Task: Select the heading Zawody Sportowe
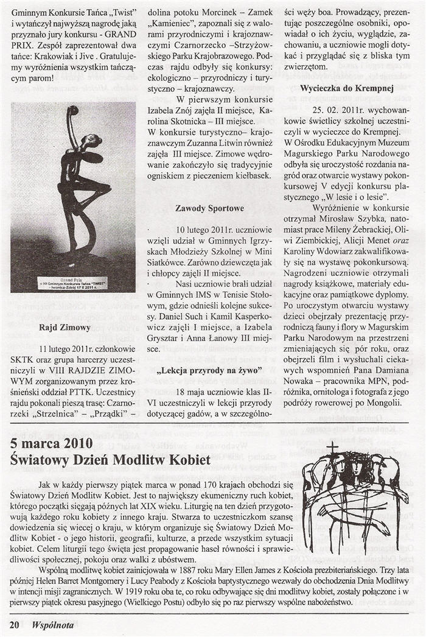coord(209,208)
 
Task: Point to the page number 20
coord(15,624)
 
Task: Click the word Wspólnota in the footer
coord(53,624)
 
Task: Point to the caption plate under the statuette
coord(72,283)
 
